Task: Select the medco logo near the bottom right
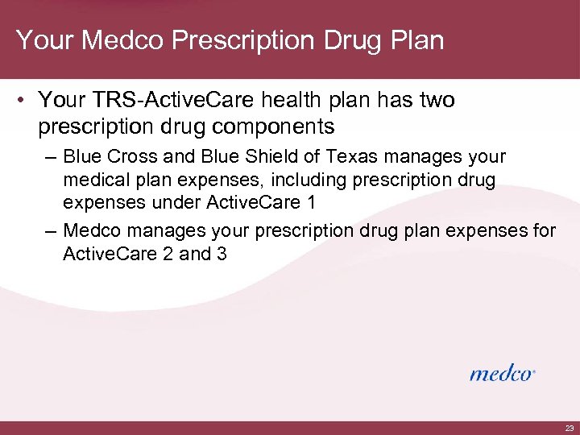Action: (x=502, y=373)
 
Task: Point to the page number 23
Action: (x=570, y=428)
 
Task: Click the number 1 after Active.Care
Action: (x=310, y=201)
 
